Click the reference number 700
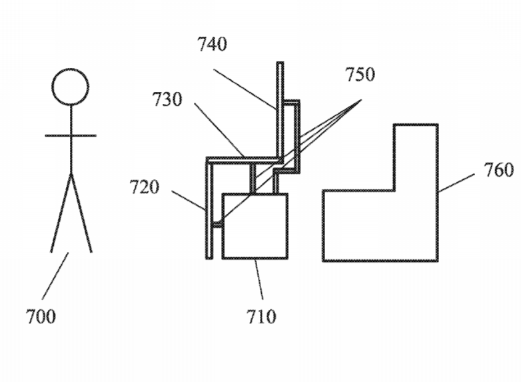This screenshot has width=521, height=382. [x=41, y=316]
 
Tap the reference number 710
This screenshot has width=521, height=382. [x=261, y=317]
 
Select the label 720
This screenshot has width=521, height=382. [x=144, y=187]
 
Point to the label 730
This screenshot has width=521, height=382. [x=167, y=99]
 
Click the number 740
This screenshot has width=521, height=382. [x=213, y=44]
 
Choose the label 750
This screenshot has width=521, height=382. [x=360, y=74]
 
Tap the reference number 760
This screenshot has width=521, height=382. [x=498, y=170]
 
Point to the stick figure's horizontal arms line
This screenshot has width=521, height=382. [x=71, y=135]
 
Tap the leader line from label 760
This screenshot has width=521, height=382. [x=456, y=183]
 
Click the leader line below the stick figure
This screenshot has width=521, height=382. [x=55, y=276]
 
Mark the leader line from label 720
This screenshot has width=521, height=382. [x=189, y=200]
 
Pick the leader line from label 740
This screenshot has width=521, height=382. [x=245, y=89]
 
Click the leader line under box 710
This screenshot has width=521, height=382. [x=259, y=279]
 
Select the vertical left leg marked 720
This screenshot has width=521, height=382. [x=209, y=209]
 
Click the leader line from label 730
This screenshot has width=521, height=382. [x=220, y=130]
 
